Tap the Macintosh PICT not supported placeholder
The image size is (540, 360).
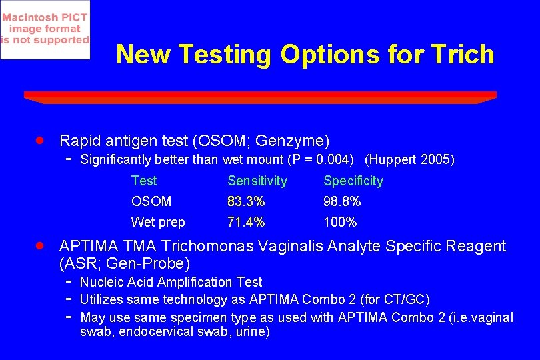point(45,30)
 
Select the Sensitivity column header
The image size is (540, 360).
point(257,181)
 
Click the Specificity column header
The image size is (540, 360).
point(353,181)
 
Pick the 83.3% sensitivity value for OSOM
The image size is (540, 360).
point(246,201)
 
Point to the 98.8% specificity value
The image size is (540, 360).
point(342,201)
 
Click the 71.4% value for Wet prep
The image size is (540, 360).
point(246,222)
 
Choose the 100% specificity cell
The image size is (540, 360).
point(340,222)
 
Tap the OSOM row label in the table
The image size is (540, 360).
point(151,201)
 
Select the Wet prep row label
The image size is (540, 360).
point(158,222)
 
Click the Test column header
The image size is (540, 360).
point(144,181)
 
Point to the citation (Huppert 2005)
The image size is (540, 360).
point(410,160)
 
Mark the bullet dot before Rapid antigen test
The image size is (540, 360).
point(40,140)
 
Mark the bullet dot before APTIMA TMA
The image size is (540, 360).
point(40,245)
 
